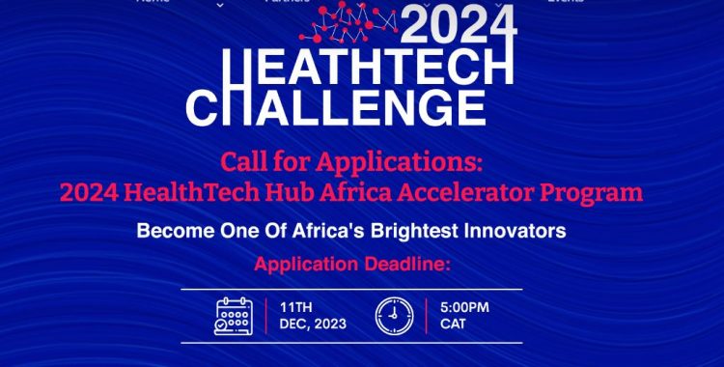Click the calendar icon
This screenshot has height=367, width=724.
coord(234,314)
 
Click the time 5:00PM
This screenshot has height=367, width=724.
coord(464,306)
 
